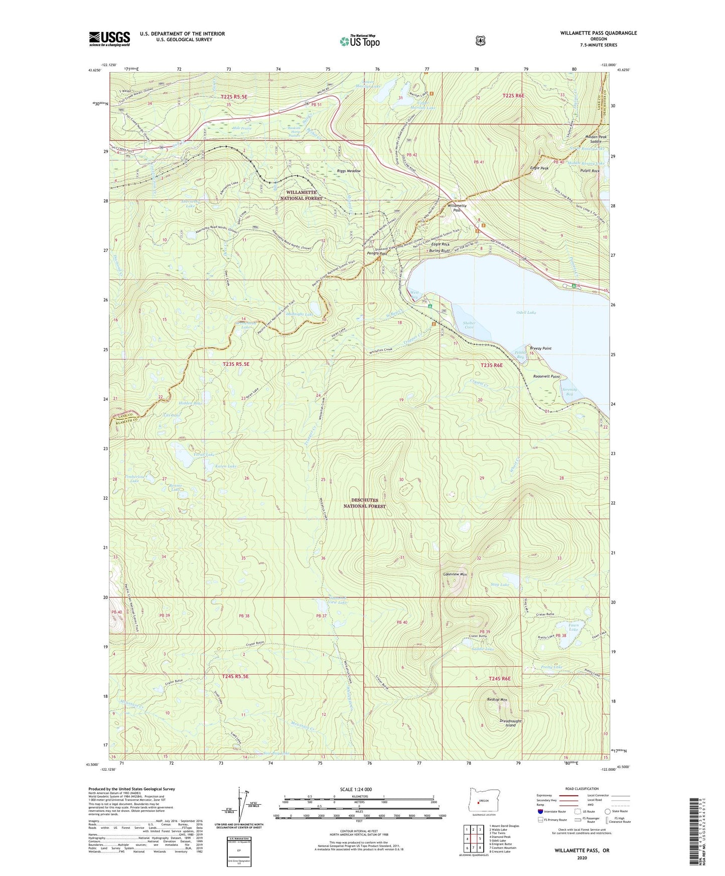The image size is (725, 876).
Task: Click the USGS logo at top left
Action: [x=109, y=39]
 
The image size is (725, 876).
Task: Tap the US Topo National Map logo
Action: [x=359, y=41]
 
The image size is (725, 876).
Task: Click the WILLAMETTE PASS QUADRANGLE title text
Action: [x=598, y=33]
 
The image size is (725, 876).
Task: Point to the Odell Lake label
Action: [x=526, y=313]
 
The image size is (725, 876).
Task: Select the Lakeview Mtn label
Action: [x=455, y=574]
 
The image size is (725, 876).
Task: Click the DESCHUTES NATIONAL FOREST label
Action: [x=365, y=503]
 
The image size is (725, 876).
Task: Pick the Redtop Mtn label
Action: [x=497, y=699]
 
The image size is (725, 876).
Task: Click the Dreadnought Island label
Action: [x=510, y=723]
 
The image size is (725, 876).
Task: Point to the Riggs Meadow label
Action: [x=349, y=171]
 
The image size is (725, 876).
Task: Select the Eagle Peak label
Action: [x=539, y=168]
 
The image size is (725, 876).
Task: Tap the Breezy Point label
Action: [x=540, y=348]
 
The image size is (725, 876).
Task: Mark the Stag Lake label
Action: [x=501, y=585]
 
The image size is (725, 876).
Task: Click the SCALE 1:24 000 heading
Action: [x=356, y=789]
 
